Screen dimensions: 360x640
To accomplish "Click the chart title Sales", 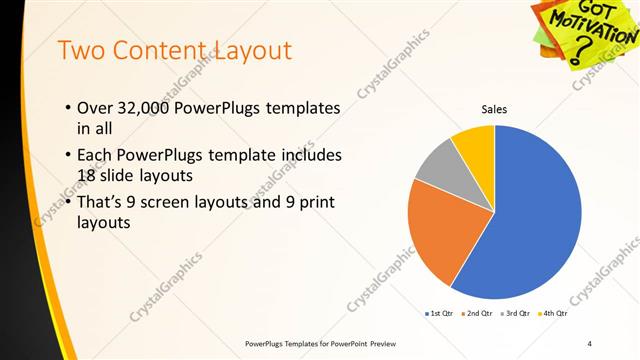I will (x=495, y=110).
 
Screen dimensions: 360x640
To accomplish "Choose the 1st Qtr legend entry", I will (x=440, y=314).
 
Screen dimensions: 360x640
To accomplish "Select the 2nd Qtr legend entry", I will (x=477, y=314).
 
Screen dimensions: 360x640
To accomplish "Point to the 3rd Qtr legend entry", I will (x=516, y=314).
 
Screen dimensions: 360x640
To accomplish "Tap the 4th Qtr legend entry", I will (x=554, y=314).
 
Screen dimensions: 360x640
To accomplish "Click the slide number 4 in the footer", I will (x=590, y=343).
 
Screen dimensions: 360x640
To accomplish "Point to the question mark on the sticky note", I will (x=578, y=55).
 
